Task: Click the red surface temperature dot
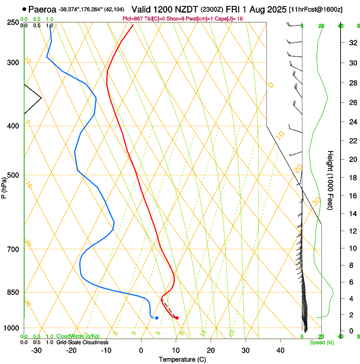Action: (177, 318)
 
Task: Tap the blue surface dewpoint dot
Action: (157, 318)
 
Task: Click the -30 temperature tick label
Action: (36, 350)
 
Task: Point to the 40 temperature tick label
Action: (280, 350)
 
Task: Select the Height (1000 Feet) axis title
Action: (330, 180)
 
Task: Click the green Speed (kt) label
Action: (321, 342)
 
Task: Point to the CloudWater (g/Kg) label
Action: (78, 336)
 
